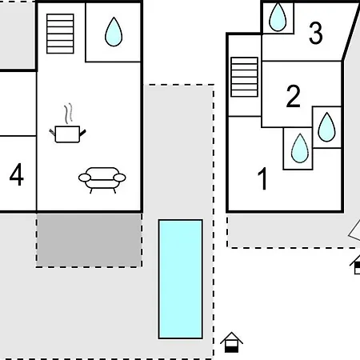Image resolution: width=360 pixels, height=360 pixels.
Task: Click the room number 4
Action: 17,174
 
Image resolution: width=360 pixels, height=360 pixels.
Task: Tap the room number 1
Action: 262,178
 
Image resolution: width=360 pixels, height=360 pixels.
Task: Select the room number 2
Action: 293,96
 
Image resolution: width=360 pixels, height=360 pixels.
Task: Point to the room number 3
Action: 316,33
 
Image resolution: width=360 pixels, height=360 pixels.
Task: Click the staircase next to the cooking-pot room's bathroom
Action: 60,34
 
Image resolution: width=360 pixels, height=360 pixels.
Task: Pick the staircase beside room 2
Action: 244,77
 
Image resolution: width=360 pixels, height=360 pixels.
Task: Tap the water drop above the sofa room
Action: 114,32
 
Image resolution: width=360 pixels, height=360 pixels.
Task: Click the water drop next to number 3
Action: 278,17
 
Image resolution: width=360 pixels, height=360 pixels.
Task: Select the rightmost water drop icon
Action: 326,127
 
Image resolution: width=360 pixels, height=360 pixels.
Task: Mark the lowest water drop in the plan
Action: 300,148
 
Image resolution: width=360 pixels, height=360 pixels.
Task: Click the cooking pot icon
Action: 67,134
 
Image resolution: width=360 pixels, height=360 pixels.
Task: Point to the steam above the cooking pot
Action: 69,114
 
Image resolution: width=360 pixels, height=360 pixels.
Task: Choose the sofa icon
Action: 102,180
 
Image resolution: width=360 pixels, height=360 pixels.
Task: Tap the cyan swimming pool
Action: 181,279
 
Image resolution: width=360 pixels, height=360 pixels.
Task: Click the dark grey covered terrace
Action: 89,240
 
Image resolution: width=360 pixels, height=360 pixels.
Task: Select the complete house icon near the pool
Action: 231,342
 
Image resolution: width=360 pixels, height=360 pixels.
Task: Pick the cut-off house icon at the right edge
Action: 355,265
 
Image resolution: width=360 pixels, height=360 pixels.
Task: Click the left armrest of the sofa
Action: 85,178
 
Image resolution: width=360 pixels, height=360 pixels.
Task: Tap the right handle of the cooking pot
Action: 82,132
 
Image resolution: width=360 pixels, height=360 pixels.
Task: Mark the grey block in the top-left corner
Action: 18,35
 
